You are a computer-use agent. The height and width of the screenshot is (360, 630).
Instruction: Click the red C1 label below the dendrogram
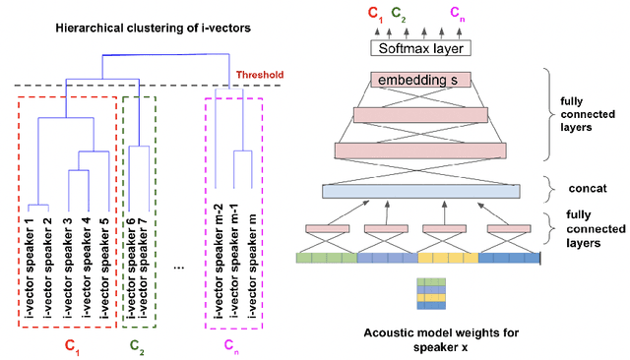(71, 345)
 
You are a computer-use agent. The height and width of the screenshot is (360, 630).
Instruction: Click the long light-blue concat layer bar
(420, 191)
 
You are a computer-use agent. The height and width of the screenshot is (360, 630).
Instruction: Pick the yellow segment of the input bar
(448, 258)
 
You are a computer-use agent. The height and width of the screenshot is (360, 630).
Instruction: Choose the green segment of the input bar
(326, 258)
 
